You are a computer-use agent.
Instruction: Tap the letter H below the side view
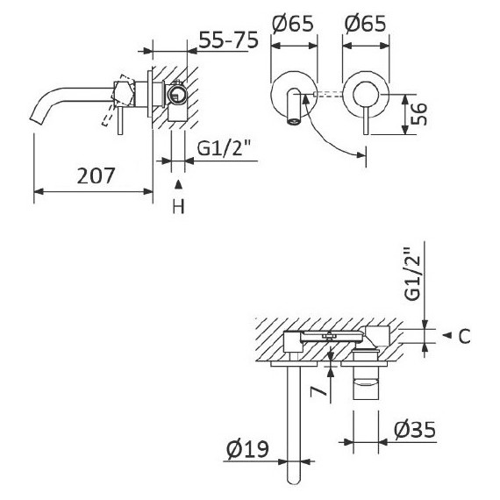pyautogui.click(x=178, y=206)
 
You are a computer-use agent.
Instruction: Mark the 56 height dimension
pyautogui.click(x=420, y=114)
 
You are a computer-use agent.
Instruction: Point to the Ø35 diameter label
pyautogui.click(x=411, y=430)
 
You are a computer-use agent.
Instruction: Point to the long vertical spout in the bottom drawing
pyautogui.click(x=294, y=421)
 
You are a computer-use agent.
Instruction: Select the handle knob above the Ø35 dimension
pyautogui.click(x=368, y=385)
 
